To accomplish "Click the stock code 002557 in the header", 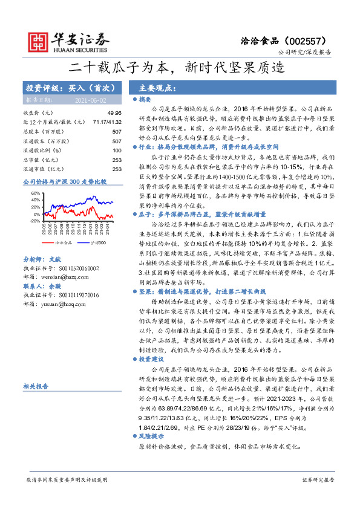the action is (314, 39).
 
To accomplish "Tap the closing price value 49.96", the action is (114, 113).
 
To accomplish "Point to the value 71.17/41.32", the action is (107, 122).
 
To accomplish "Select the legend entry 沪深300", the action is (97, 242).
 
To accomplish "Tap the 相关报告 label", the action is (34, 386).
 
